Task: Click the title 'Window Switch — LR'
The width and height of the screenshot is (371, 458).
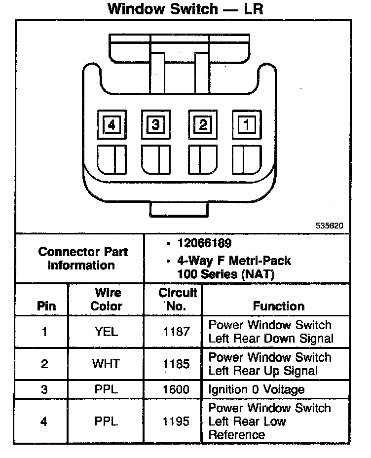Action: pos(185,9)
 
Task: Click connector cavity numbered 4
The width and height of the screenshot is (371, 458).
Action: pos(111,125)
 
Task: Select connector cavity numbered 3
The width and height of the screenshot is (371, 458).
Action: pos(155,125)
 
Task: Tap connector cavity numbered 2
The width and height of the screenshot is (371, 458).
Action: pos(202,125)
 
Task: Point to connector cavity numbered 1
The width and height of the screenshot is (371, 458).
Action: pos(246,125)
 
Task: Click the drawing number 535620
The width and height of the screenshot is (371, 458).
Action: pos(329,226)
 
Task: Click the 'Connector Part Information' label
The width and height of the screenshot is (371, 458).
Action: pos(82,258)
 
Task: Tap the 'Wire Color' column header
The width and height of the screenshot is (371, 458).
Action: pos(106,299)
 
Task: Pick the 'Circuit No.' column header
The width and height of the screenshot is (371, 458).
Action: pos(178,299)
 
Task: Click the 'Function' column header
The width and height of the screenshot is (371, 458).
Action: pos(279,306)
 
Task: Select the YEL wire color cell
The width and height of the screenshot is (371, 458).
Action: pos(106,332)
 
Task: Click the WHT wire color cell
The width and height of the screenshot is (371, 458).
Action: pos(106,364)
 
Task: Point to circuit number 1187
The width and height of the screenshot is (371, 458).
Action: pos(176,332)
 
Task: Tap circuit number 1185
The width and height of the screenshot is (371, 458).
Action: pos(176,364)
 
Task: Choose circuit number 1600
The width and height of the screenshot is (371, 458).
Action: pos(176,389)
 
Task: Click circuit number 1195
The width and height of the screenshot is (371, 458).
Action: pos(176,421)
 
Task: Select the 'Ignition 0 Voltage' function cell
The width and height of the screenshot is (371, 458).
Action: pos(257,389)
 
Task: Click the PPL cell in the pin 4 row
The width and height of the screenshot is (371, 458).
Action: pos(106,421)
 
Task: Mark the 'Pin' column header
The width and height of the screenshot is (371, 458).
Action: pos(46,306)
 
